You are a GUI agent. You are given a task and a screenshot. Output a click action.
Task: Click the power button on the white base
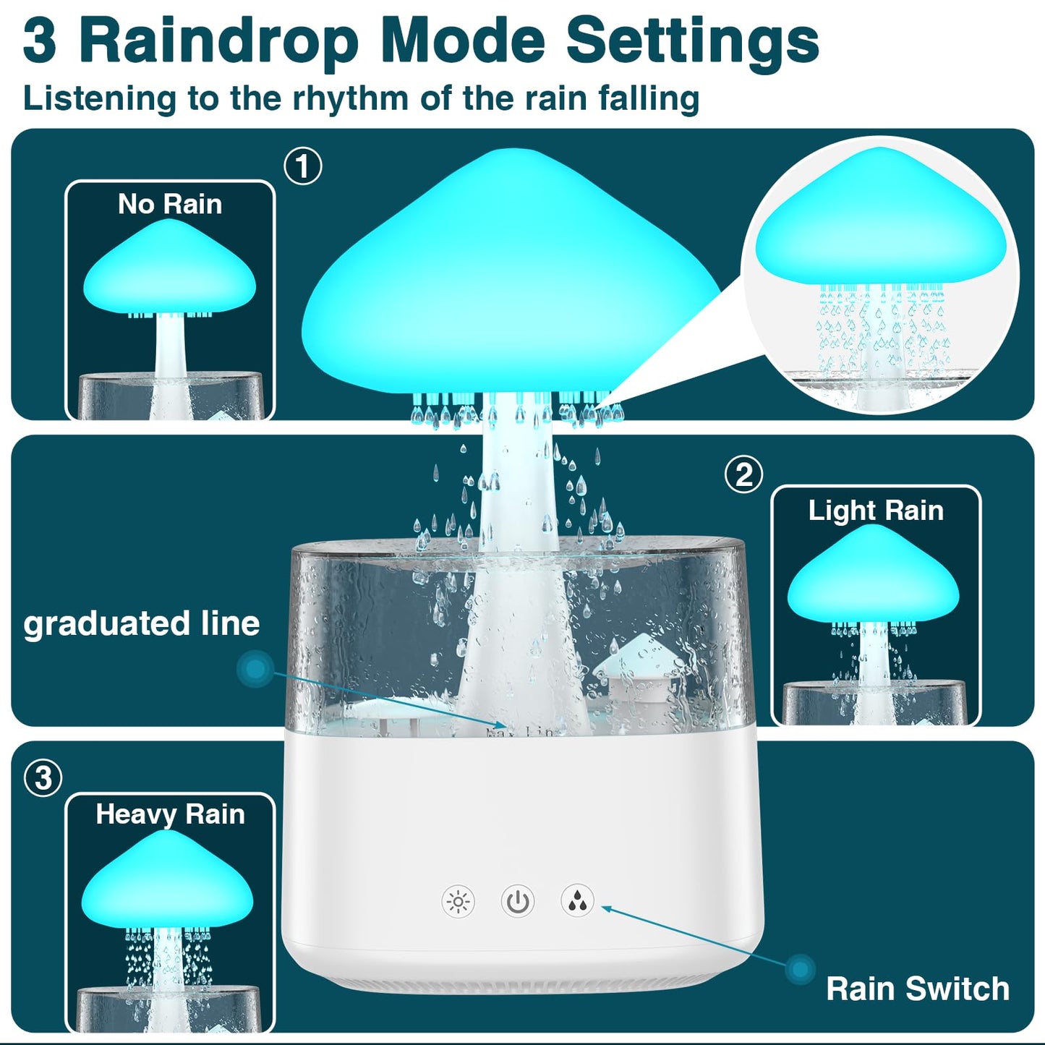click(518, 902)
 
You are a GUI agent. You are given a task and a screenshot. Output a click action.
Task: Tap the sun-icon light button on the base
click(458, 902)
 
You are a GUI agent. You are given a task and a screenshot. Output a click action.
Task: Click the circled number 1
click(303, 166)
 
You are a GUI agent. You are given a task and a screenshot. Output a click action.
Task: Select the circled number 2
click(744, 475)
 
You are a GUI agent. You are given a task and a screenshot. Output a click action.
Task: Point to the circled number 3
click(43, 778)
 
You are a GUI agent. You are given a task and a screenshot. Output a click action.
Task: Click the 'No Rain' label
click(170, 204)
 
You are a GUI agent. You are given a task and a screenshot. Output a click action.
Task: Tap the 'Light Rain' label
click(876, 511)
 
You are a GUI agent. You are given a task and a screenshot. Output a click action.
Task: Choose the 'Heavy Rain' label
click(170, 814)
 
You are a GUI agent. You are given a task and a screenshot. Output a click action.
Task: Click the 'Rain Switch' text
click(918, 989)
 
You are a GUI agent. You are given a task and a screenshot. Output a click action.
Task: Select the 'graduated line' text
click(142, 623)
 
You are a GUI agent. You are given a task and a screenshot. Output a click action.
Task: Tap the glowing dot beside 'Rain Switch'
click(801, 969)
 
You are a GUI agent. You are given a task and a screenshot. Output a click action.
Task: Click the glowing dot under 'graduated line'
click(255, 669)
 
